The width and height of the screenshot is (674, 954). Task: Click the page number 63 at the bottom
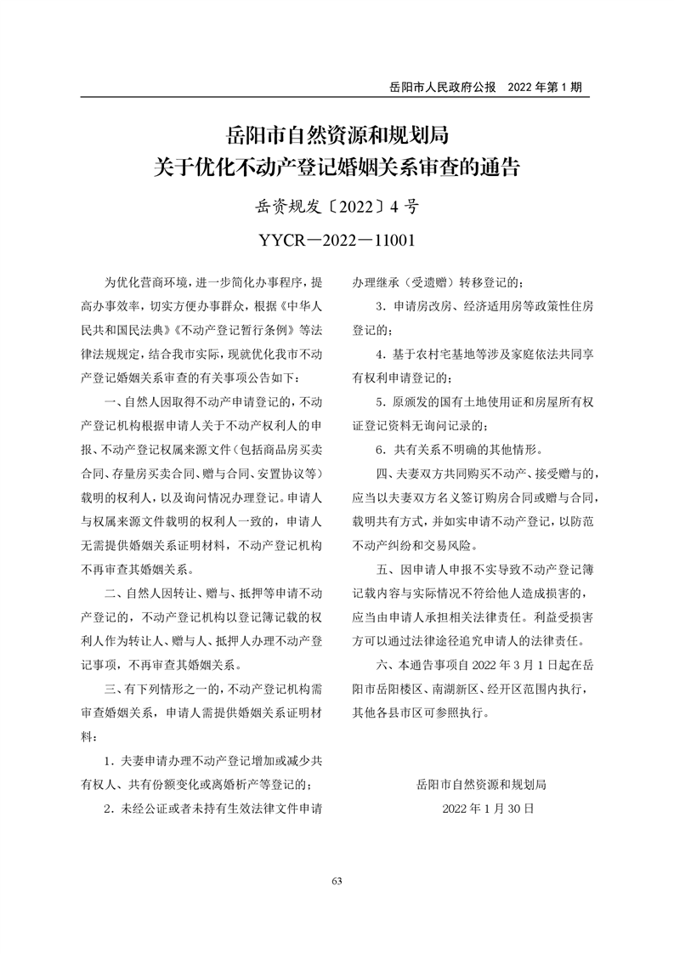tap(337, 880)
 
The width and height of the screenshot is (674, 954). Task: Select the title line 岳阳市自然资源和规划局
tap(337, 135)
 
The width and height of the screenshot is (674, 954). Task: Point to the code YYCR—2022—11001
tap(337, 241)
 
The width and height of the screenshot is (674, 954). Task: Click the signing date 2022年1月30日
tap(488, 809)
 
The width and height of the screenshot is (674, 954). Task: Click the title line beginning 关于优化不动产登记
tap(337, 166)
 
